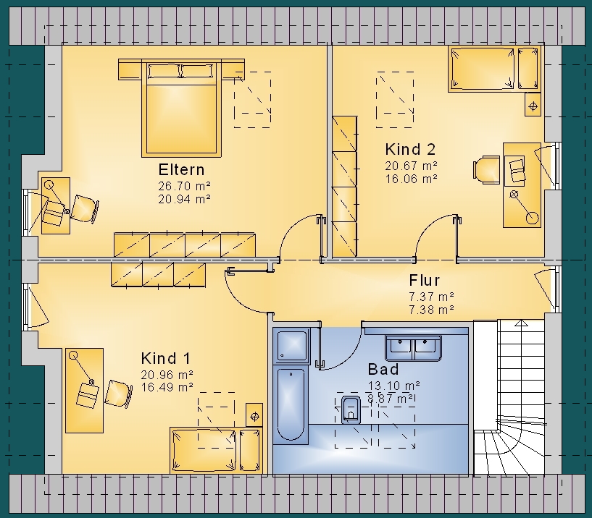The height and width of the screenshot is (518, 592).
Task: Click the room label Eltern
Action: [x=182, y=169]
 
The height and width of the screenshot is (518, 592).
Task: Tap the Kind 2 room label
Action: [x=410, y=149]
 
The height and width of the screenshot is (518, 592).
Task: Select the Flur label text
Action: [x=425, y=281]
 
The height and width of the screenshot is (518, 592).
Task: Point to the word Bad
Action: [x=383, y=369]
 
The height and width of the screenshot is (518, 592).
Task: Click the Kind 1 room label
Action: [x=166, y=358]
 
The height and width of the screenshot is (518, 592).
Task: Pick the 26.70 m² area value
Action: [x=184, y=186]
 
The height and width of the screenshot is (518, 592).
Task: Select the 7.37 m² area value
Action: [x=431, y=297]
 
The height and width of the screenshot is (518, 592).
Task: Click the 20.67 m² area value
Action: [x=411, y=166]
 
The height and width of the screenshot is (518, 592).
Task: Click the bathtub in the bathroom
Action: [x=291, y=404]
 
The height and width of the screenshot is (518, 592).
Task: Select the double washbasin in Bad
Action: [x=413, y=348]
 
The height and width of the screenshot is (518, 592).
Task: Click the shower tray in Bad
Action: [x=291, y=346]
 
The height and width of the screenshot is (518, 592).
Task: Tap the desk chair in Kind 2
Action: [x=487, y=171]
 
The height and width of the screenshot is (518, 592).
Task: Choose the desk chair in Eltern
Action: [x=85, y=208]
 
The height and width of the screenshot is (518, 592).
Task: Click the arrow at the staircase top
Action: [x=522, y=323]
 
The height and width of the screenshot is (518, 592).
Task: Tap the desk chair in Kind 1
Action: [x=119, y=394]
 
